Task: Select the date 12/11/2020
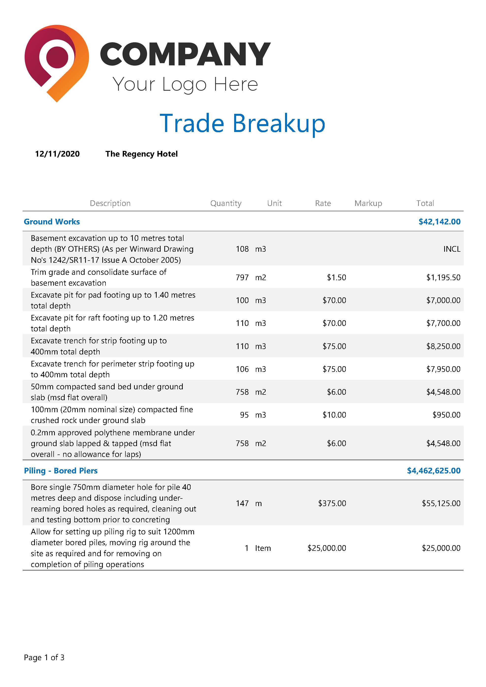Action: (57, 154)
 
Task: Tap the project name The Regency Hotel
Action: (141, 154)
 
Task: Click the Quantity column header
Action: (226, 203)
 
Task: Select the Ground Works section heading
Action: (52, 221)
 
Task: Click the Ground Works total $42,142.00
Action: (439, 221)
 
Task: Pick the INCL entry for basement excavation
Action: (452, 249)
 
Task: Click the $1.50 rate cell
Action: (336, 277)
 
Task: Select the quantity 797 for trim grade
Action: (242, 277)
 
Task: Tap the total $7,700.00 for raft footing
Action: (443, 323)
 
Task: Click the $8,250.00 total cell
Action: (443, 346)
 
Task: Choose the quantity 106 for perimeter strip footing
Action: (242, 369)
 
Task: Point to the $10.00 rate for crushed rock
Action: (334, 415)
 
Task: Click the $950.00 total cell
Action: (446, 415)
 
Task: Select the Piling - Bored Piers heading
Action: (61, 471)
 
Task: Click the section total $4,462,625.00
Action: (434, 471)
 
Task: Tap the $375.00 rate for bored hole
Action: (332, 503)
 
